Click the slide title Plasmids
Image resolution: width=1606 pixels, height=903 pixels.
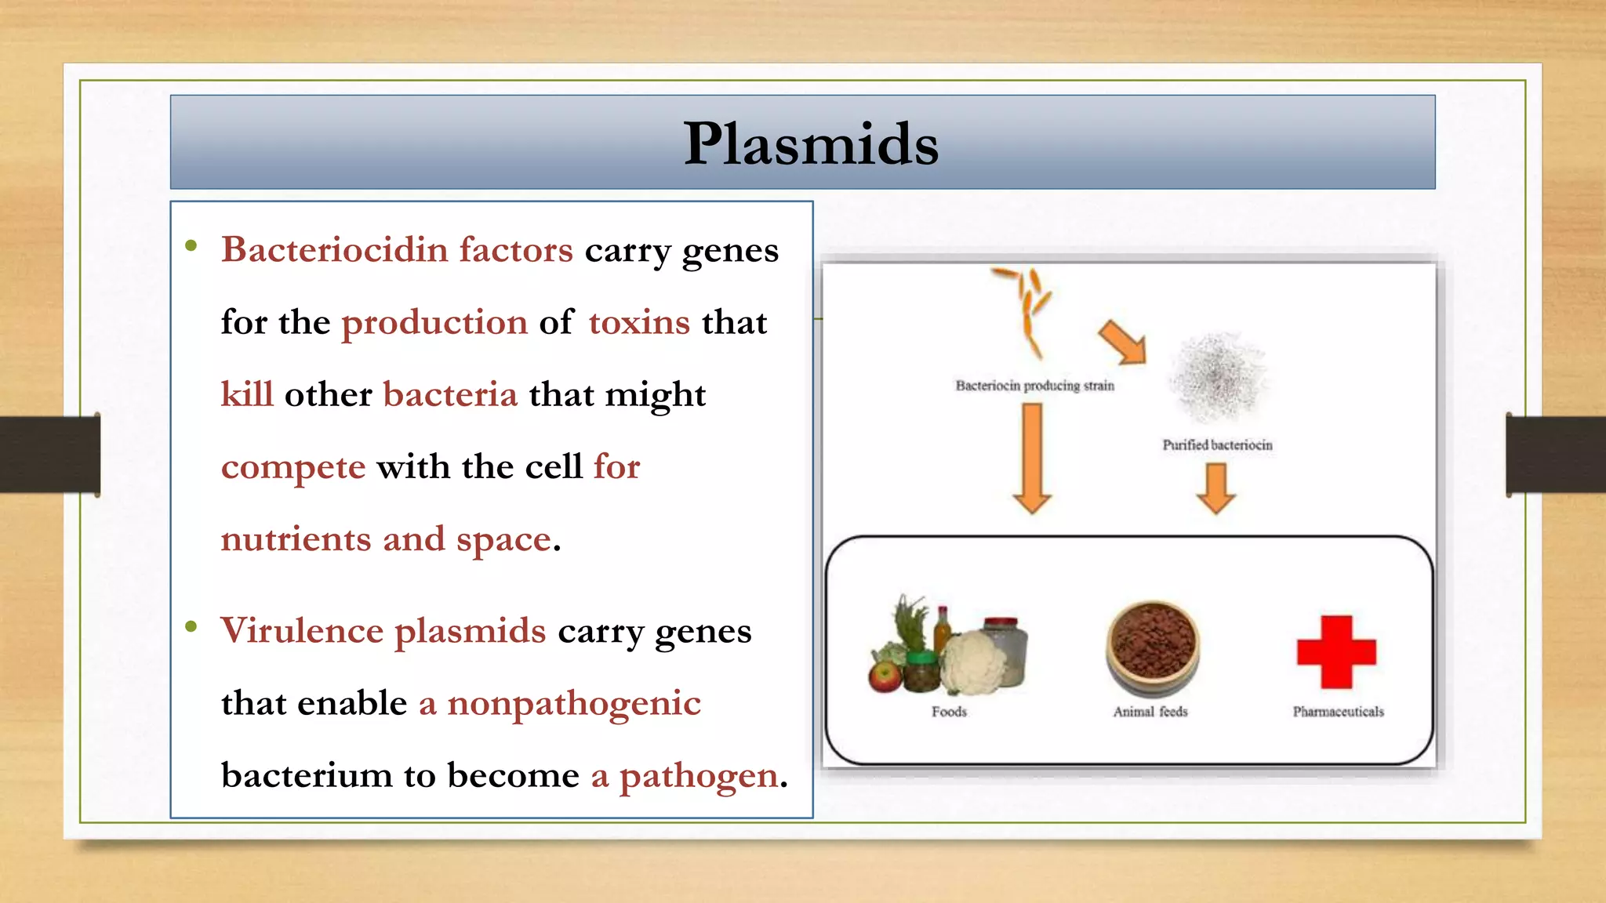(810, 144)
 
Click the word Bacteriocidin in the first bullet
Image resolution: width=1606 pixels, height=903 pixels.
(334, 250)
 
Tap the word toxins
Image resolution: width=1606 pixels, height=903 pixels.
(639, 322)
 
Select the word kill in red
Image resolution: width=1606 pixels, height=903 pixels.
(247, 394)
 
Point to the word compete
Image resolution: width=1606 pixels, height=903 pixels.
(293, 467)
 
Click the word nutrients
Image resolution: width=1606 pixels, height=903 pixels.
(296, 539)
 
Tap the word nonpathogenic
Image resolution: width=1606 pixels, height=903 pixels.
(573, 703)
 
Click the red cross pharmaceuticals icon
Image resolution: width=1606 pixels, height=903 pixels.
(1336, 652)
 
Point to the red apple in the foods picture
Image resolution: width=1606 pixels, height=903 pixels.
(885, 676)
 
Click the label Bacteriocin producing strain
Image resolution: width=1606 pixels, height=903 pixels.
(1034, 386)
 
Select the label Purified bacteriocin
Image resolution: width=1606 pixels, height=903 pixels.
(1217, 445)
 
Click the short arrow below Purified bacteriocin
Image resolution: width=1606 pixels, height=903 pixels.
(1216, 488)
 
